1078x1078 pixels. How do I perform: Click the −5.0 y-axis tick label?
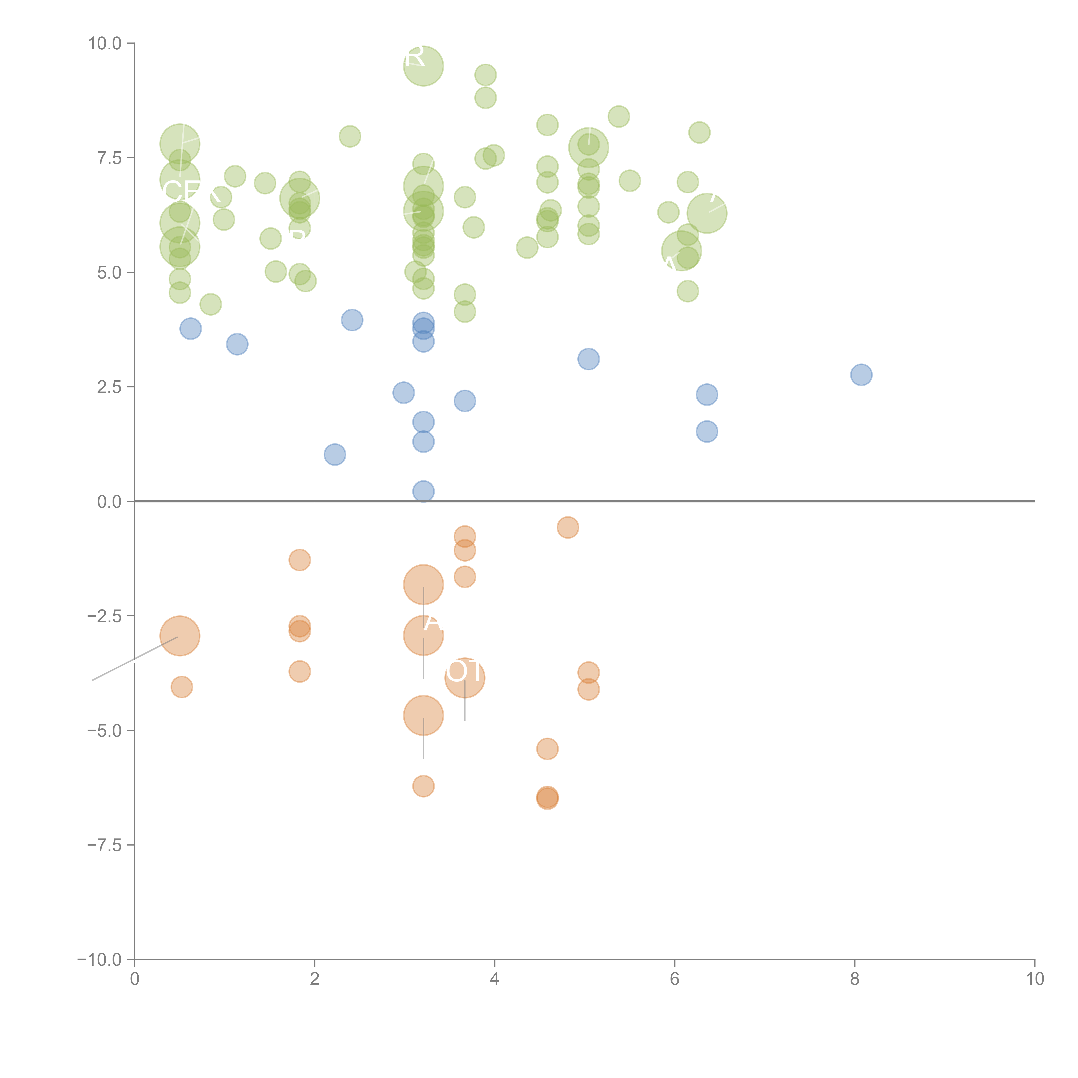[104, 730]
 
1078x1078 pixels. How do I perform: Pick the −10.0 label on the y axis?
[99, 960]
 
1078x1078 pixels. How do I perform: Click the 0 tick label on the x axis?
[135, 979]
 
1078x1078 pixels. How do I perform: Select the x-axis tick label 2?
[315, 979]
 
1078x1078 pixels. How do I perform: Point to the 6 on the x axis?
[675, 979]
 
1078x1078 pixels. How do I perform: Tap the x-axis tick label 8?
[855, 979]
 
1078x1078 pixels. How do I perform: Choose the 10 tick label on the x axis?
[1034, 979]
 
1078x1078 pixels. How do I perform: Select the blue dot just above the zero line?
[423, 491]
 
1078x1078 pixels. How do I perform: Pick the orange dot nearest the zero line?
[567, 527]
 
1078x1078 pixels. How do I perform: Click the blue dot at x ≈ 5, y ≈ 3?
[588, 359]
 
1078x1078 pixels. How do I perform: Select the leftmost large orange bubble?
[180, 636]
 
